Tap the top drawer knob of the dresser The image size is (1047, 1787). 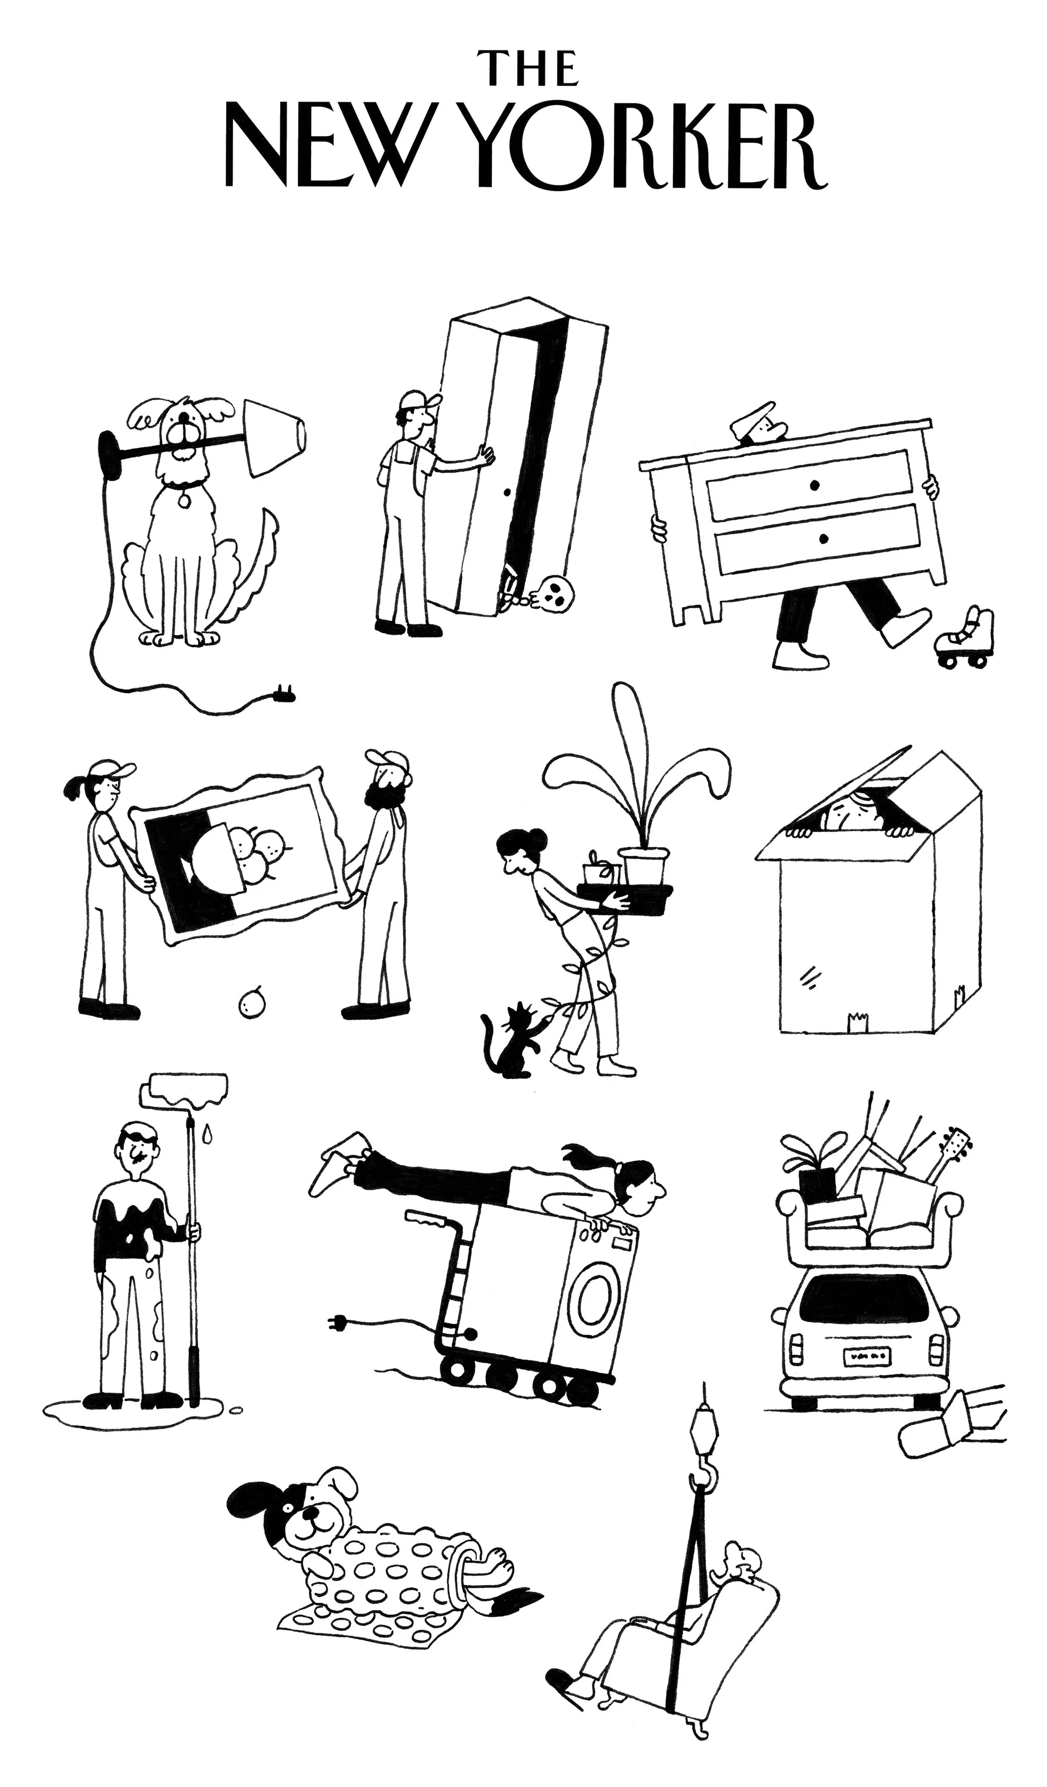tap(814, 486)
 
